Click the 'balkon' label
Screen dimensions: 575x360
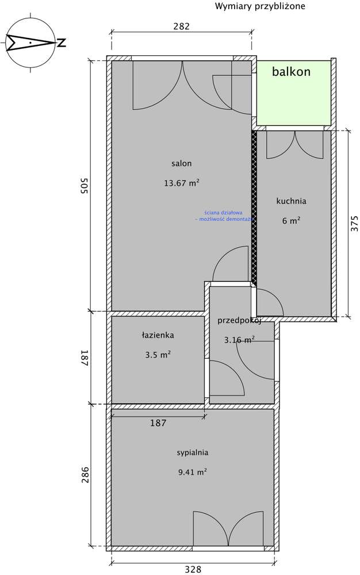point(292,72)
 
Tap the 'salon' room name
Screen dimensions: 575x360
point(181,163)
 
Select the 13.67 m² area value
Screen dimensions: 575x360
point(182,183)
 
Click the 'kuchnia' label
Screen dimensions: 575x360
point(291,201)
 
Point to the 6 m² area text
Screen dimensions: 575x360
point(291,220)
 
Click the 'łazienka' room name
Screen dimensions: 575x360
point(158,335)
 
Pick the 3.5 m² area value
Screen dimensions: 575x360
point(158,355)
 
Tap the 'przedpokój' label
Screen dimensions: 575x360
point(240,321)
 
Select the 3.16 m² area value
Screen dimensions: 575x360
point(239,340)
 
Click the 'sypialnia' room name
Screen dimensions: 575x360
point(193,453)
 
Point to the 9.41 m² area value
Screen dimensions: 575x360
point(193,473)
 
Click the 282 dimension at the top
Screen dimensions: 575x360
point(181,26)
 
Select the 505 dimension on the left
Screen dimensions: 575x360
point(83,186)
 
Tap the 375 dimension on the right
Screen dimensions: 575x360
point(354,223)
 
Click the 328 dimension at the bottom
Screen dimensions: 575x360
point(193,569)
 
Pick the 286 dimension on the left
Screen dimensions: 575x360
point(84,476)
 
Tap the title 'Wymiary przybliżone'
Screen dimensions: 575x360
point(260,6)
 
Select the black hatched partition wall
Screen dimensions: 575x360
point(254,207)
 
